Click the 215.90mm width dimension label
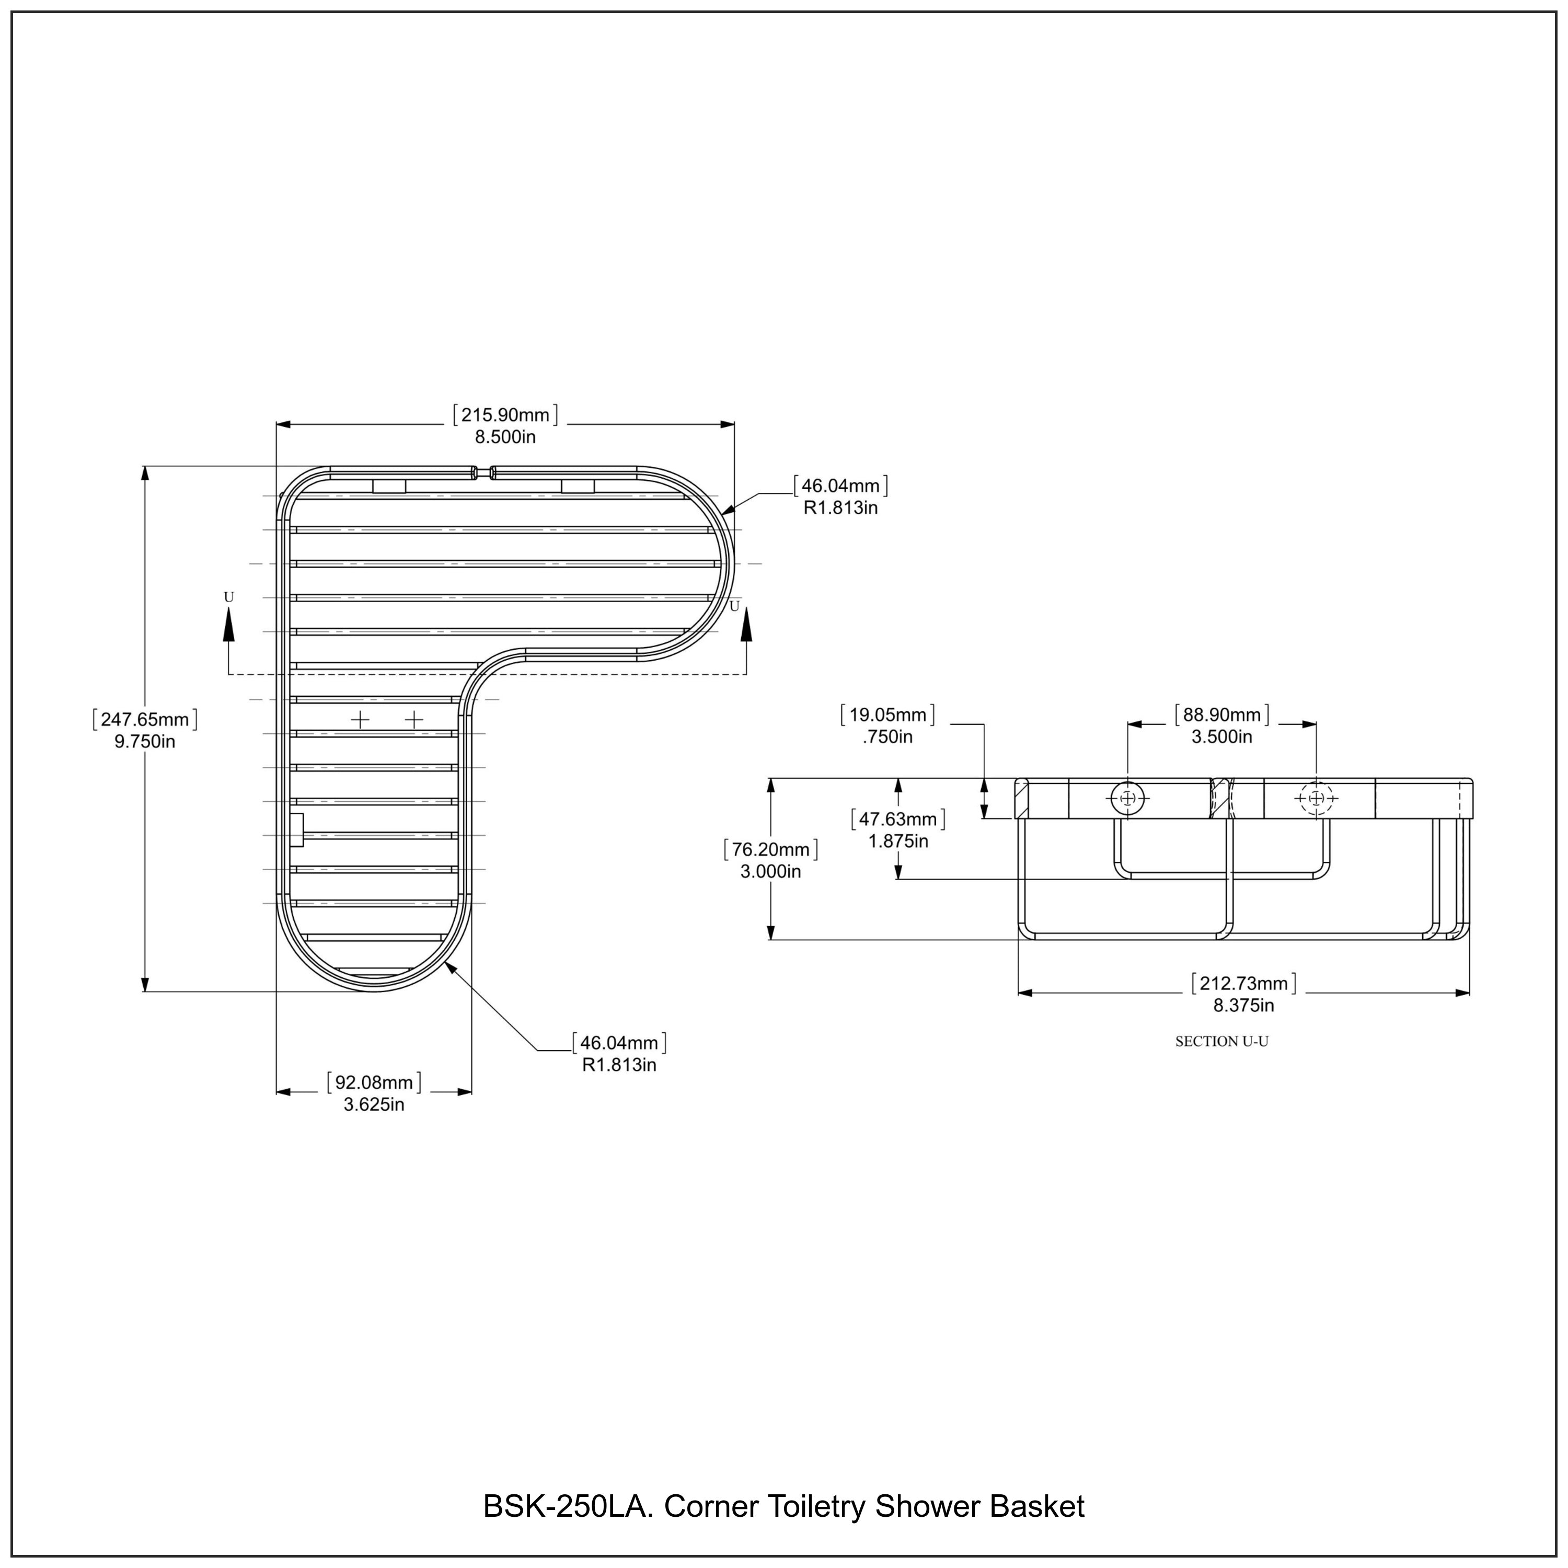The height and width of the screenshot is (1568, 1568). coord(505,426)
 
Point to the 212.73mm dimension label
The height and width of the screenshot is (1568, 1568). coord(1243,994)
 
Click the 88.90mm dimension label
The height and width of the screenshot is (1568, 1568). coord(1221,725)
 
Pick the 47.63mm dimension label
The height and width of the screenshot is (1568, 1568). coord(897,829)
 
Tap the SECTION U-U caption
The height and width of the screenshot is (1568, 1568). coord(1221,1041)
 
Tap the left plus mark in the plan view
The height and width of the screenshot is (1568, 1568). coord(360,719)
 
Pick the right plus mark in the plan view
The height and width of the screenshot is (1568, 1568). coord(414,719)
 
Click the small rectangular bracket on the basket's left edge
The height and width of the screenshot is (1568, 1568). coord(296,829)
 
